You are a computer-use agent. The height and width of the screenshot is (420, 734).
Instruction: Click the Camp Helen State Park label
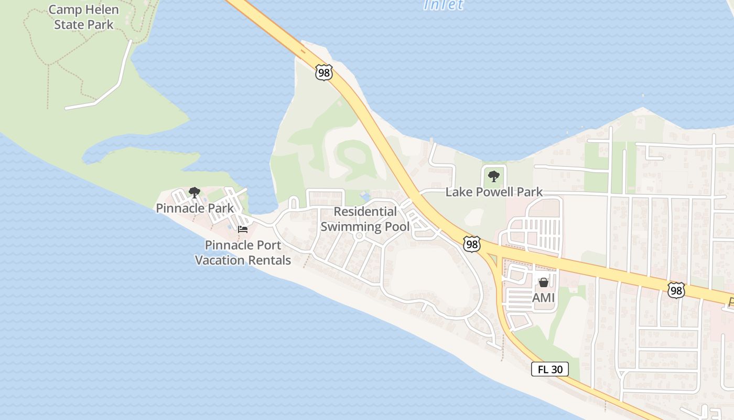84,17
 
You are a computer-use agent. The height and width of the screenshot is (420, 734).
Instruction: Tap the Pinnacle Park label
195,208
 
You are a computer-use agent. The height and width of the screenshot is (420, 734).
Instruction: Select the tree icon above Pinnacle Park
195,193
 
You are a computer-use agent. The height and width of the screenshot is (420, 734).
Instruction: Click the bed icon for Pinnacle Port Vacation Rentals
243,229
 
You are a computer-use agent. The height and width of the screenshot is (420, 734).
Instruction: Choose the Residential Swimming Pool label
365,219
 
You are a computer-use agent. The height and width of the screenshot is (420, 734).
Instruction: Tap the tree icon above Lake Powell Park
493,176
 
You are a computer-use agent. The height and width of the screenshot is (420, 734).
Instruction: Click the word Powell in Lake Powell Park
494,192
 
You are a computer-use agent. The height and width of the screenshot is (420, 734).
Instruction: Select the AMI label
543,298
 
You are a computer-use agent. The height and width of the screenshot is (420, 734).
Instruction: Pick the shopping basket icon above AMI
544,283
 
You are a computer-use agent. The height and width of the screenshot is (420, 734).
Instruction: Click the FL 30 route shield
550,369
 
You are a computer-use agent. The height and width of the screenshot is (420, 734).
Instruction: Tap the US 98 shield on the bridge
324,72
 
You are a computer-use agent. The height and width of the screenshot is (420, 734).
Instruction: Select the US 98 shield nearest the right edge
676,290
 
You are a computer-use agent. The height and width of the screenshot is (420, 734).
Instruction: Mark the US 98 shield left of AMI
472,244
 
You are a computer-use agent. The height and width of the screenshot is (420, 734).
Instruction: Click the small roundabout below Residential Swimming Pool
359,236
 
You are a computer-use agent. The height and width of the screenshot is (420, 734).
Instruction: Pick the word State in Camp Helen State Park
69,24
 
